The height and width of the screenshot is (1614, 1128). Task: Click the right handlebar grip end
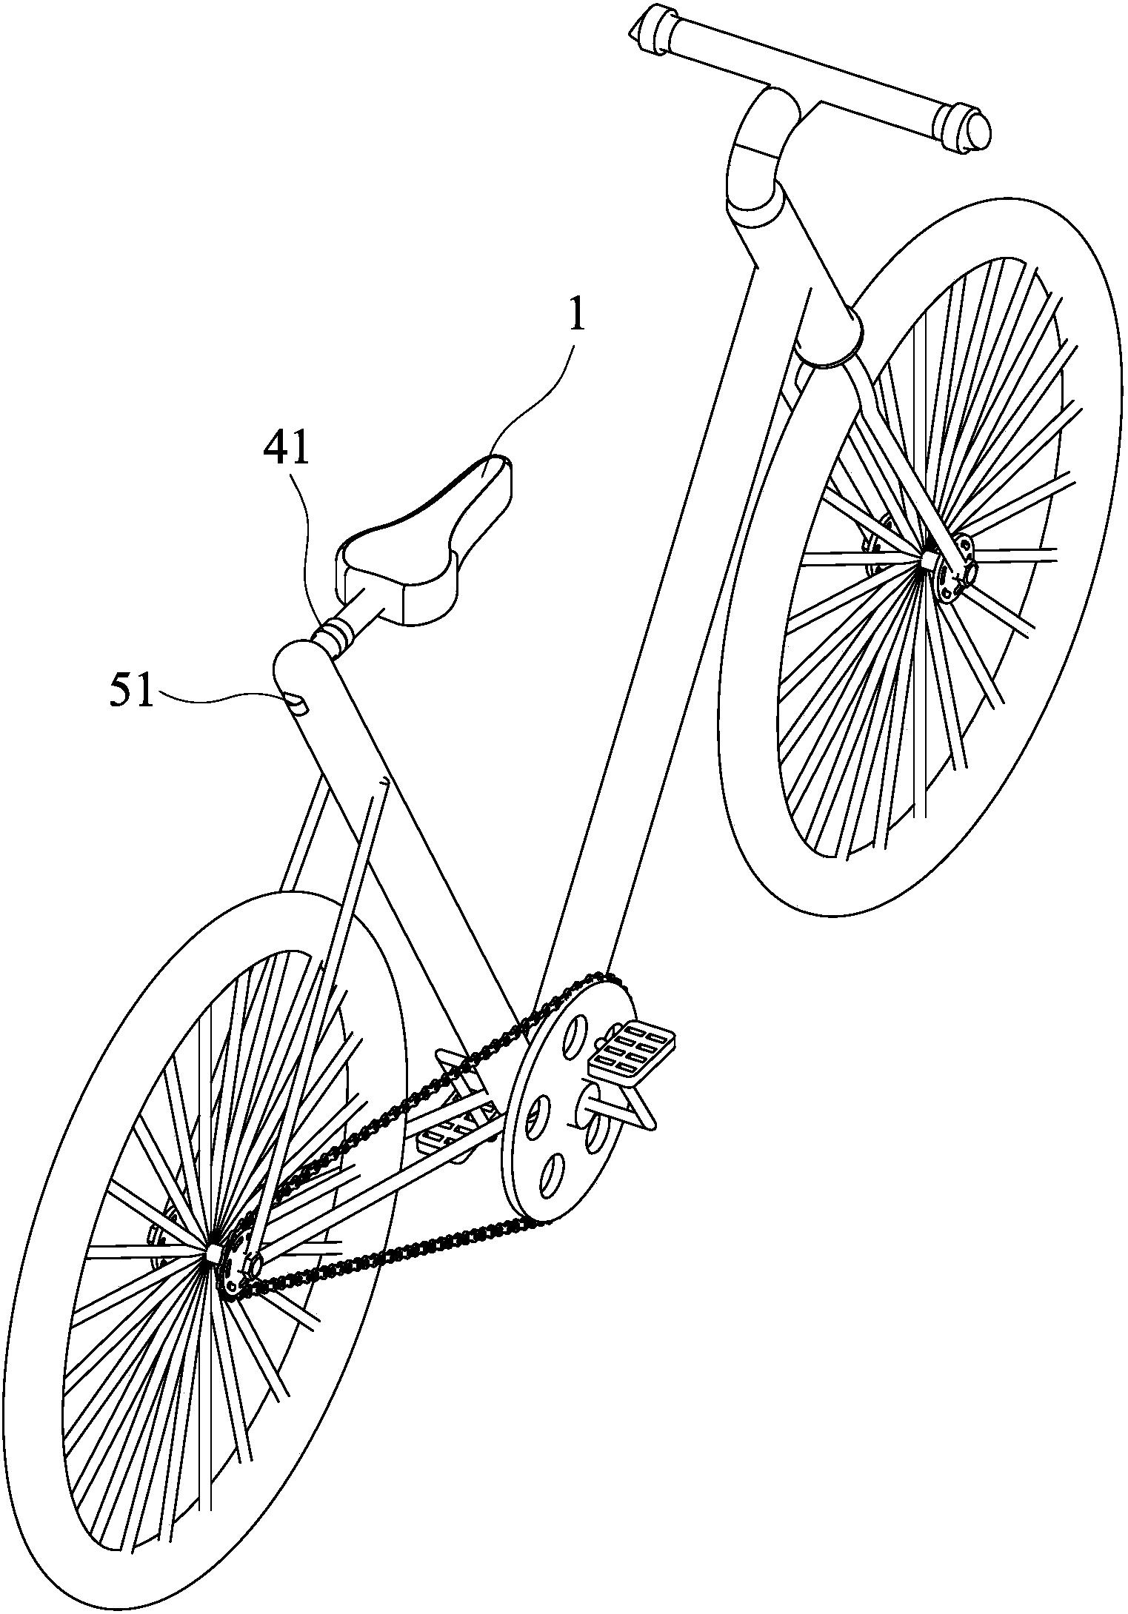[963, 128]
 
